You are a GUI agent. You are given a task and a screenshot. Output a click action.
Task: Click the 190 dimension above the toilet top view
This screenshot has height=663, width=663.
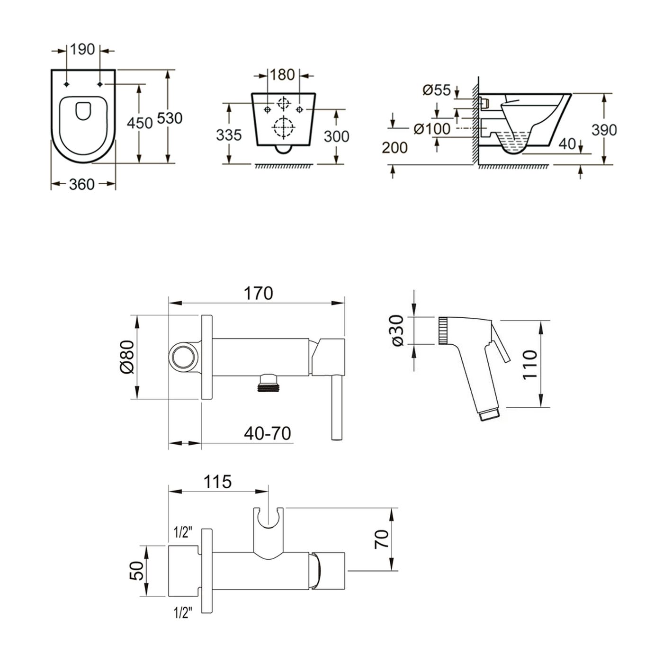(x=83, y=49)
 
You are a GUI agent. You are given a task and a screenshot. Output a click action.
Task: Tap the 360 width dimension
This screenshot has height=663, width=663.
(x=82, y=184)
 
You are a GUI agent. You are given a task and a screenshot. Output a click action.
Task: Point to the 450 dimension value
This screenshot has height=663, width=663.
(x=140, y=123)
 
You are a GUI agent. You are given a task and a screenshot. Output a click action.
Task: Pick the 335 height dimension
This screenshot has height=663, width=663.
(x=229, y=135)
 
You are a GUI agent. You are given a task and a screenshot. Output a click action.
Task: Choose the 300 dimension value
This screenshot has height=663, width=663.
(x=336, y=136)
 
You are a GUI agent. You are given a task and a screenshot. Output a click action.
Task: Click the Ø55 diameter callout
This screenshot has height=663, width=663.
(x=437, y=90)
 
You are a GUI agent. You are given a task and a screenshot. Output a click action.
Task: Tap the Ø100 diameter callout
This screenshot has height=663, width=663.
(x=431, y=128)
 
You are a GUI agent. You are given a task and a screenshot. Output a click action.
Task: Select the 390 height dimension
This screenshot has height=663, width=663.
(x=604, y=129)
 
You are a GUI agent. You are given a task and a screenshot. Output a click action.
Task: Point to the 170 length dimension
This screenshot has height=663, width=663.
(x=259, y=294)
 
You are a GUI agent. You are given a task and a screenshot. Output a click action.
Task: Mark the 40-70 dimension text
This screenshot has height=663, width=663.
(x=268, y=433)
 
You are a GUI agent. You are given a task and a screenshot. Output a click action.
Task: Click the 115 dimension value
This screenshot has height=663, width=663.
(x=217, y=482)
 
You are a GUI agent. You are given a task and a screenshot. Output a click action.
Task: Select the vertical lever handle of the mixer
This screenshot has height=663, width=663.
(x=337, y=407)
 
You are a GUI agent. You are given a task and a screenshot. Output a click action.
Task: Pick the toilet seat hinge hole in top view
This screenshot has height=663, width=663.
(x=66, y=84)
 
